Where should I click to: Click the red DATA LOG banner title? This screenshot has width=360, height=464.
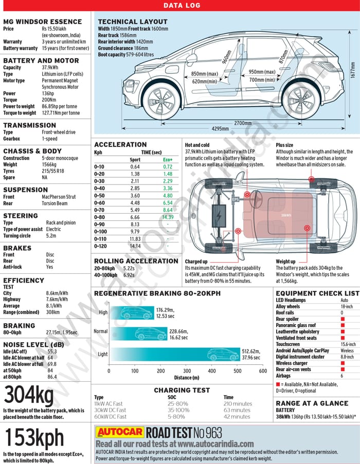click(x=182, y=6)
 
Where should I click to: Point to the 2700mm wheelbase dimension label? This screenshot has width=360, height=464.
click(x=243, y=123)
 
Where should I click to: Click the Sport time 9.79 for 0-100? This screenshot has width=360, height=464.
click(x=135, y=231)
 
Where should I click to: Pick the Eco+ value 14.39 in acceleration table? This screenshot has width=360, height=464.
click(x=168, y=217)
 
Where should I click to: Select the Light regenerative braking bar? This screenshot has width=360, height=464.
click(x=175, y=354)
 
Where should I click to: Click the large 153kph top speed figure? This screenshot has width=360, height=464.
click(x=34, y=438)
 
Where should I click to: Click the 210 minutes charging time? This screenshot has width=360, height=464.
click(x=238, y=404)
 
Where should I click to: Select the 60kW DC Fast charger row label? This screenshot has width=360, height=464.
click(x=110, y=416)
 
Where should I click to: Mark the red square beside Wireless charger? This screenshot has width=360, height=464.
click(x=342, y=363)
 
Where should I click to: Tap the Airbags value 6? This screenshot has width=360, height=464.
click(x=342, y=376)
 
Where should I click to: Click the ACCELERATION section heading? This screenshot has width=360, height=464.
click(x=120, y=144)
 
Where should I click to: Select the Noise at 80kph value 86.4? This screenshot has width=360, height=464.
click(x=52, y=377)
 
